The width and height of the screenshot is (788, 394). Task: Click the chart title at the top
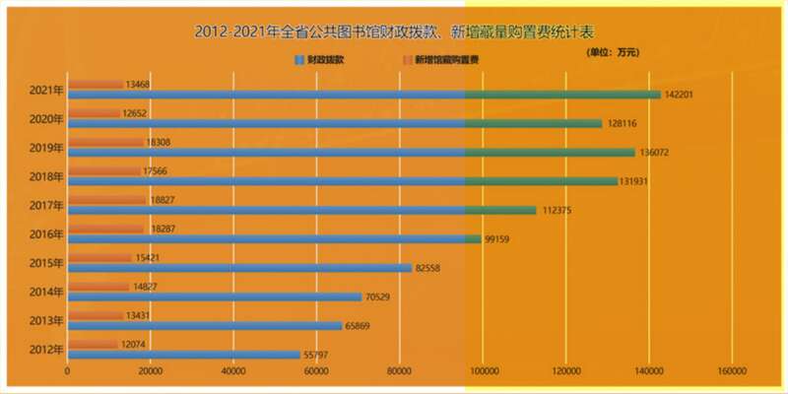[394, 32]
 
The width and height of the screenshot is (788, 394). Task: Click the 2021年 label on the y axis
[46, 91]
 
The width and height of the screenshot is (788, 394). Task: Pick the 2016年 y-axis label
[46, 234]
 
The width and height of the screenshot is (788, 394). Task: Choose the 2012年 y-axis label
[46, 350]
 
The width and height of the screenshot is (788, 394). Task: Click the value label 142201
[685, 96]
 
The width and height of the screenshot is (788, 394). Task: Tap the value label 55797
[324, 355]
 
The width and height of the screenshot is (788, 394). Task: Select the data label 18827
[165, 199]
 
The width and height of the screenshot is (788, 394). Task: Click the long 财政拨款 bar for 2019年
[351, 153]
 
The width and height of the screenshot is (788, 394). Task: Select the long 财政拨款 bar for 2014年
[215, 296]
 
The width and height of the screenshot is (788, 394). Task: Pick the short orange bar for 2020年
[94, 113]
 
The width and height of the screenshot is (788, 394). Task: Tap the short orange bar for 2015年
[99, 258]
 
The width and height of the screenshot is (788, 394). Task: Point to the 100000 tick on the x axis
[483, 372]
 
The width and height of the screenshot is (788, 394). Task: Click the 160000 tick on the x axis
[732, 372]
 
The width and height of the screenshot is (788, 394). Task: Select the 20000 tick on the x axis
[150, 372]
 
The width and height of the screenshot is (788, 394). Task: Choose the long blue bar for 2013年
[205, 326]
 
